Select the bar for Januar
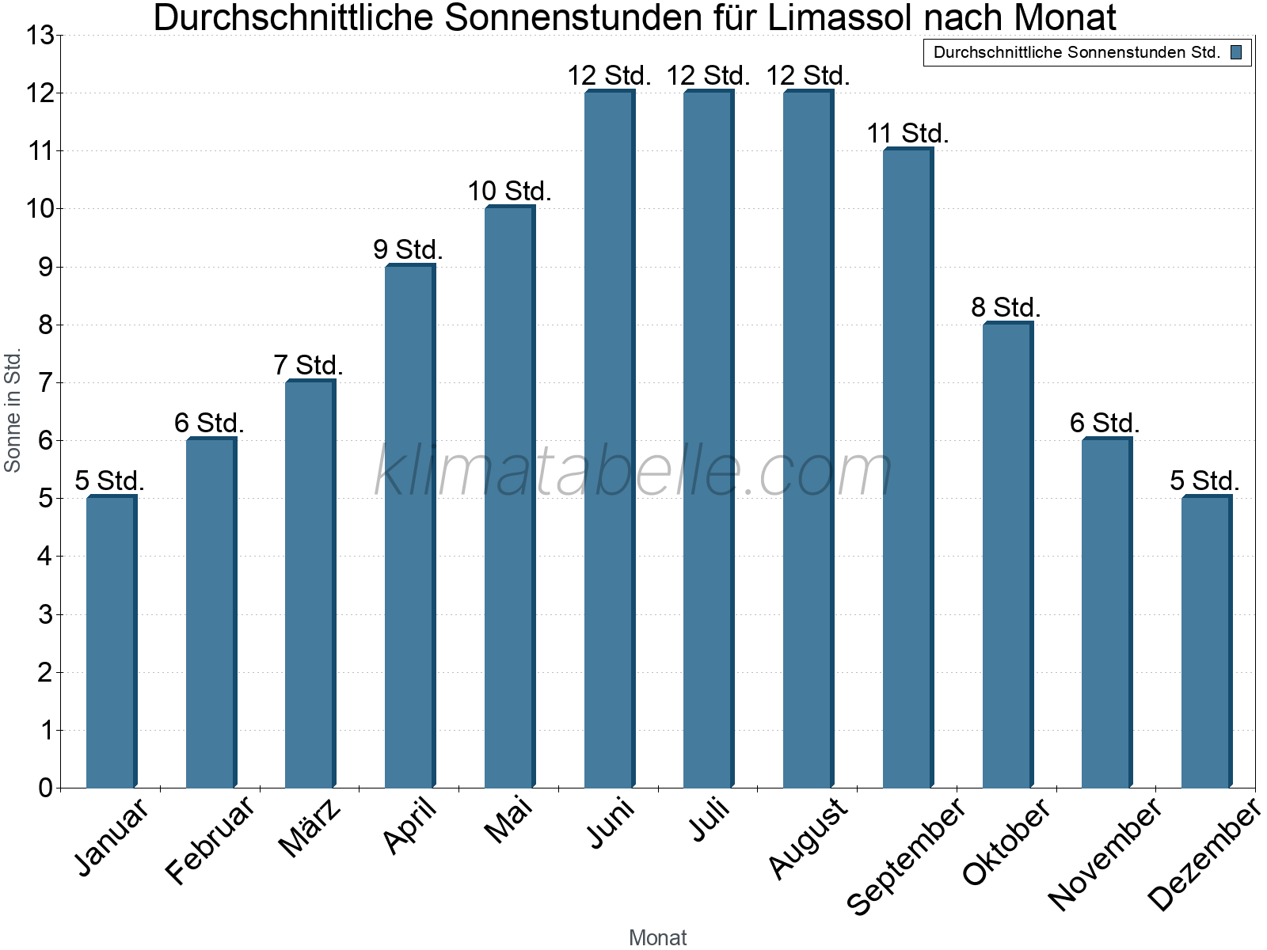coord(111,641)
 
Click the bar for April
coord(409,526)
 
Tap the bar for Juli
coord(708,439)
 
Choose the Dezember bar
coord(1205,641)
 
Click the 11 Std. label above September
coord(907,134)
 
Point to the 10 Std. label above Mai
coord(509,192)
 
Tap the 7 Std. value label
coord(308,366)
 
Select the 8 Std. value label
coord(1006,308)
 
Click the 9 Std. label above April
coord(408,250)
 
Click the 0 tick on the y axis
coord(45,788)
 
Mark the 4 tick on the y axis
coord(45,557)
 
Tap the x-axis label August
coord(809,838)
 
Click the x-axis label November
coord(1105,853)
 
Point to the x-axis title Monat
coord(657,937)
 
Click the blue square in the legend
coord(1235,53)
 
